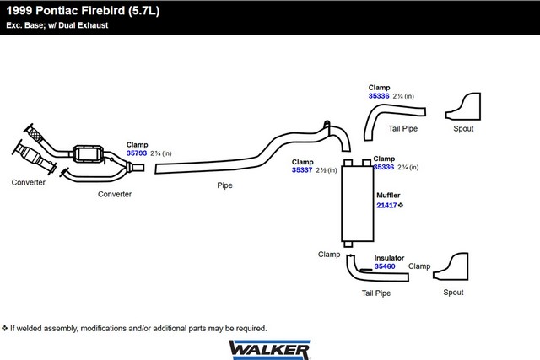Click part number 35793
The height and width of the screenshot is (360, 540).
coord(137,153)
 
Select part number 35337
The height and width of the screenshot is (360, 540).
coord(302,169)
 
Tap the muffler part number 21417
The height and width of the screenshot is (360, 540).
coord(386,204)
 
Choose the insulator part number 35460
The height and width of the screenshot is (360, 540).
coord(385,266)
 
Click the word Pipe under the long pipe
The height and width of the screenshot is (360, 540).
coord(224,185)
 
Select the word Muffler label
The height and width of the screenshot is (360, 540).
coord(388,195)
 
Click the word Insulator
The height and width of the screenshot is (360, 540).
coord(389,257)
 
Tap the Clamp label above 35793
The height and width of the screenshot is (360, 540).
coord(137,144)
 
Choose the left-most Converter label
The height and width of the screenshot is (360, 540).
coord(28,182)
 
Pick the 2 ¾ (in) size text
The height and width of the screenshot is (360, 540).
coord(160,153)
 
